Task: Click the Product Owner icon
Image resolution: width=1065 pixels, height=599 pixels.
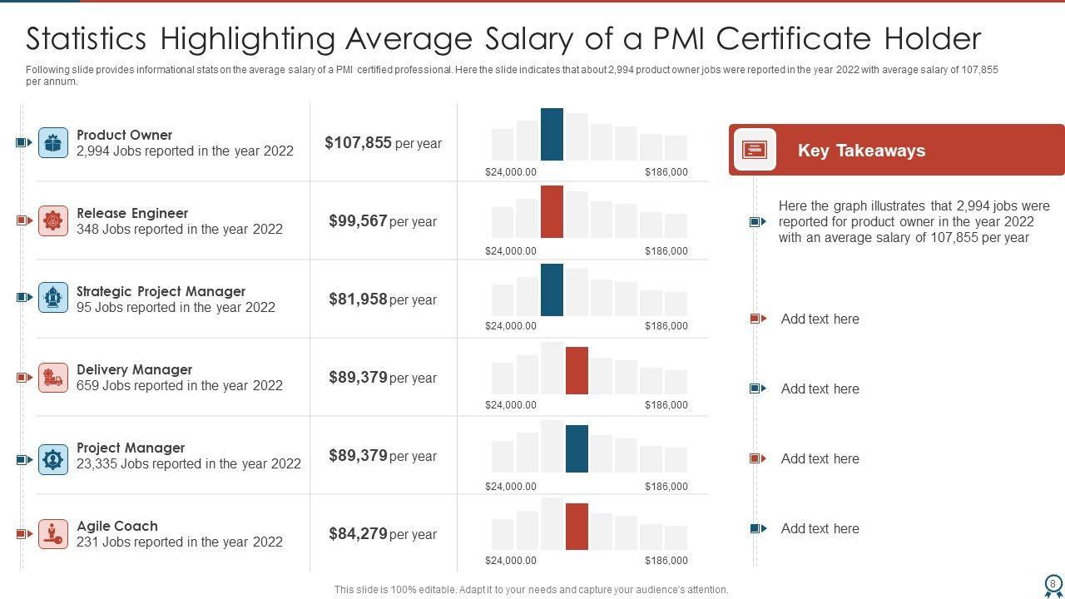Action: [53, 143]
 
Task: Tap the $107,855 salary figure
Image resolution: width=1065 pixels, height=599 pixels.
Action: [358, 143]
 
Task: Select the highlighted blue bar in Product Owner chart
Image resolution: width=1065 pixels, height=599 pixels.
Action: [552, 134]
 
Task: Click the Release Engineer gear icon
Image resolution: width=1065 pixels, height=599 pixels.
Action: [53, 220]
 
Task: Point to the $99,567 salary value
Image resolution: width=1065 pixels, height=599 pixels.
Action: [358, 221]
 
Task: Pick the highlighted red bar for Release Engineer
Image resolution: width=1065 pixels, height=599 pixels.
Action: [552, 211]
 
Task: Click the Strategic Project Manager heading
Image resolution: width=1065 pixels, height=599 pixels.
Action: [161, 291]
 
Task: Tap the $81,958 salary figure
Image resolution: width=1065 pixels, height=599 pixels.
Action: [358, 299]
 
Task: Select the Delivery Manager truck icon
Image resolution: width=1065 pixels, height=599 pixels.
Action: [53, 378]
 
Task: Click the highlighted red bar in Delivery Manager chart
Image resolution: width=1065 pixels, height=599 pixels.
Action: [577, 370]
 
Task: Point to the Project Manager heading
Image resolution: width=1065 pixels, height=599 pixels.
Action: [131, 448]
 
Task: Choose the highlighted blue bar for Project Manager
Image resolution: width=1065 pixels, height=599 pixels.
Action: [577, 448]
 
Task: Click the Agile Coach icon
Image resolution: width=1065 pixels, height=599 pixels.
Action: [53, 533]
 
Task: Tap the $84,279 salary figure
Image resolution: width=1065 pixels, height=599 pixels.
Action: [358, 534]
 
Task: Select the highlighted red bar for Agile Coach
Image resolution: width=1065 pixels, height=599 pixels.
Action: [577, 527]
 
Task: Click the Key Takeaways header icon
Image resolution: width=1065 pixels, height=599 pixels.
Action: [755, 150]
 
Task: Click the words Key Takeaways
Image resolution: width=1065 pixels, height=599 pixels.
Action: [861, 151]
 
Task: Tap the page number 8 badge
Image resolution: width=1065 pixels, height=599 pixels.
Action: [1053, 583]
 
